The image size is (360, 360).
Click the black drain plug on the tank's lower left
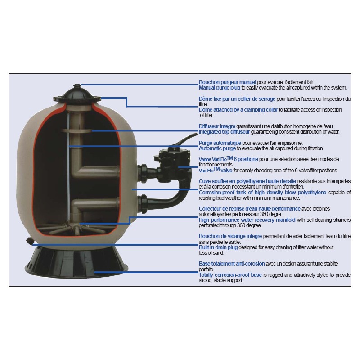pyautogui.click(x=30, y=241)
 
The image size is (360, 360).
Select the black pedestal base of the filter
pyautogui.click(x=76, y=261)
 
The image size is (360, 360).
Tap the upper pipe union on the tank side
pyautogui.click(x=143, y=173)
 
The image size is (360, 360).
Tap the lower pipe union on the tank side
pyautogui.click(x=143, y=204)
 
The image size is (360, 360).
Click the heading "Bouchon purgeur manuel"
pyautogui.click(x=227, y=82)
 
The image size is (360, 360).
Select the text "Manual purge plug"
pyautogui.click(x=220, y=88)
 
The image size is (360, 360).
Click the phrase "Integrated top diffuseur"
pyautogui.click(x=224, y=132)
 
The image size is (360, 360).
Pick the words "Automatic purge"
pyautogui.click(x=217, y=148)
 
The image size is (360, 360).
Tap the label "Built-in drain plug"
pyautogui.click(x=218, y=247)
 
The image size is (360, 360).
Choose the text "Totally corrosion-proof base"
pyautogui.click(x=230, y=275)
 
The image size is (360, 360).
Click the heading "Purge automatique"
pyautogui.click(x=220, y=143)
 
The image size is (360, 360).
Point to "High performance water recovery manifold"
pyautogui.click(x=247, y=220)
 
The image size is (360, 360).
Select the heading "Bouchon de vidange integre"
pyautogui.click(x=230, y=236)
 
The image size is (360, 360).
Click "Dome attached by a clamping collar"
pyautogui.click(x=238, y=110)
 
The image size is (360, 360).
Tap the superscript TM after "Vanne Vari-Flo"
pyautogui.click(x=229, y=158)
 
